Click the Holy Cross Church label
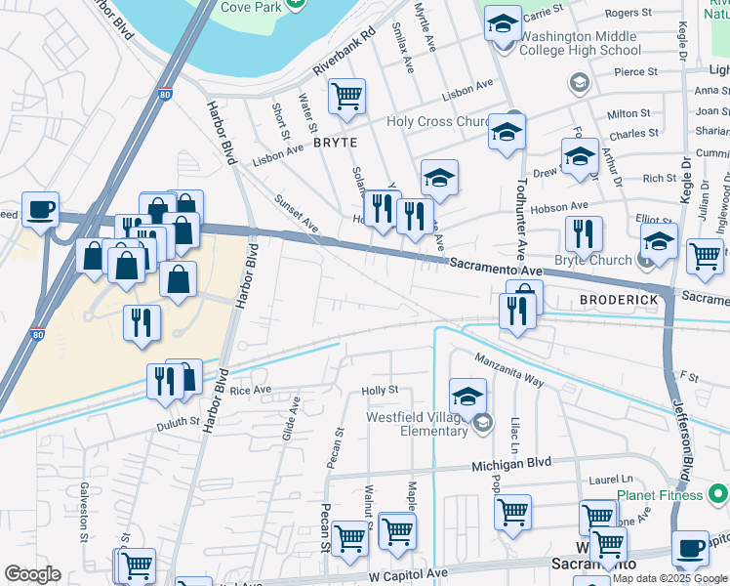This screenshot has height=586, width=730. [438, 122]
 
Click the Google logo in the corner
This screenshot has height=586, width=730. [32, 574]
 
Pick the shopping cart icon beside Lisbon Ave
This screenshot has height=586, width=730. [346, 97]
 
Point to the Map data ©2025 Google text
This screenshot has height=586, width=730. [670, 578]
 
